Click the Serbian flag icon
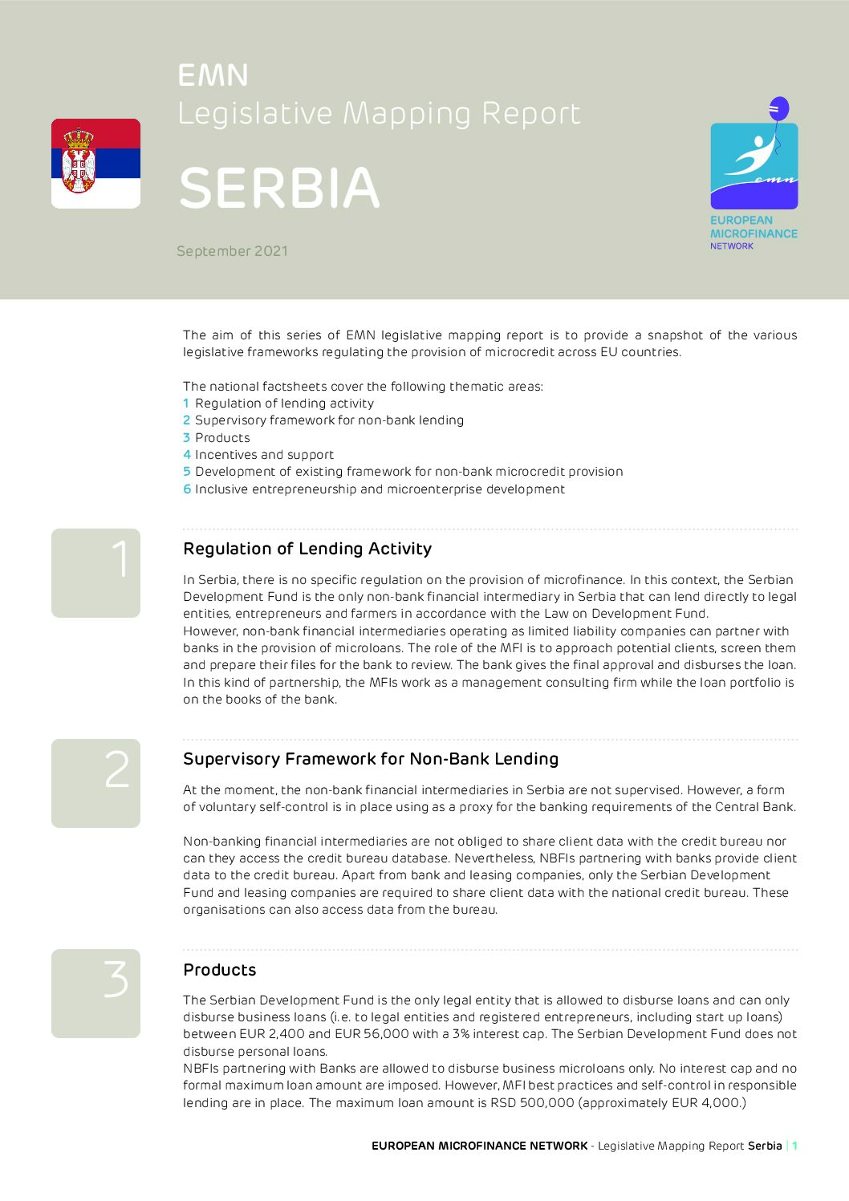click(x=95, y=164)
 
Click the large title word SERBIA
click(x=278, y=189)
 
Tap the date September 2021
click(x=232, y=251)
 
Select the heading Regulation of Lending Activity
click(x=307, y=549)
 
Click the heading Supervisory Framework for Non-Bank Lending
click(x=371, y=759)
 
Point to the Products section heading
click(x=219, y=970)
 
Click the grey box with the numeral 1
click(x=95, y=573)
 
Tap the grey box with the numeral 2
click(x=95, y=783)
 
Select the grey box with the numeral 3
click(x=95, y=993)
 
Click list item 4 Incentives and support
click(x=258, y=455)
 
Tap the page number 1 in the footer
click(x=794, y=1146)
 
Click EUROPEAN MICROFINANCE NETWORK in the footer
click(x=479, y=1146)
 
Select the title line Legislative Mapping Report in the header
click(x=379, y=114)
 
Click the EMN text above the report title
click(x=213, y=75)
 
